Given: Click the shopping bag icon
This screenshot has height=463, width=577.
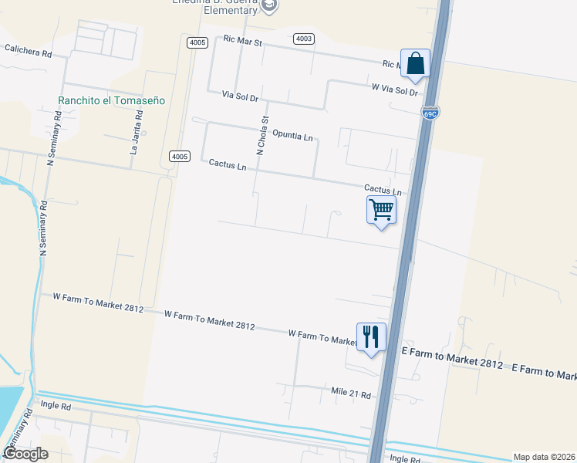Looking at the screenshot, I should [415, 64].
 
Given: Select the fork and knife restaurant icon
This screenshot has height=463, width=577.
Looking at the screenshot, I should [371, 337].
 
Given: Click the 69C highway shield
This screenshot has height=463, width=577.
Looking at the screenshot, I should [430, 113].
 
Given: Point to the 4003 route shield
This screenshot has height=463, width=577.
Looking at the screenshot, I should [304, 39].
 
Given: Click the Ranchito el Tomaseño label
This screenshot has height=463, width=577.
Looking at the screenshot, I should [111, 100].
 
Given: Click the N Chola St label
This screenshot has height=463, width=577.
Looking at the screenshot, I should [262, 136].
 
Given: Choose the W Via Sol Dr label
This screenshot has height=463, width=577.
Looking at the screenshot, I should [394, 90].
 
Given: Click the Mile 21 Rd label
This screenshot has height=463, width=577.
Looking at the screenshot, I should [351, 395].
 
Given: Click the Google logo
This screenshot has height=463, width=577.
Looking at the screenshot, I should [25, 454].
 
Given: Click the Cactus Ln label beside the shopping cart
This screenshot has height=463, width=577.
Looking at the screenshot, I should [383, 190].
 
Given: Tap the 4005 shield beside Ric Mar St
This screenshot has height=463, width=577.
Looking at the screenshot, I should [197, 42].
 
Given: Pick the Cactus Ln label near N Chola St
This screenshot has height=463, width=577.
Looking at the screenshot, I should [228, 165].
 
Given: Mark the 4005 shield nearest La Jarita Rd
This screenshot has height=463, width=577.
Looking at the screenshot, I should [179, 157].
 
